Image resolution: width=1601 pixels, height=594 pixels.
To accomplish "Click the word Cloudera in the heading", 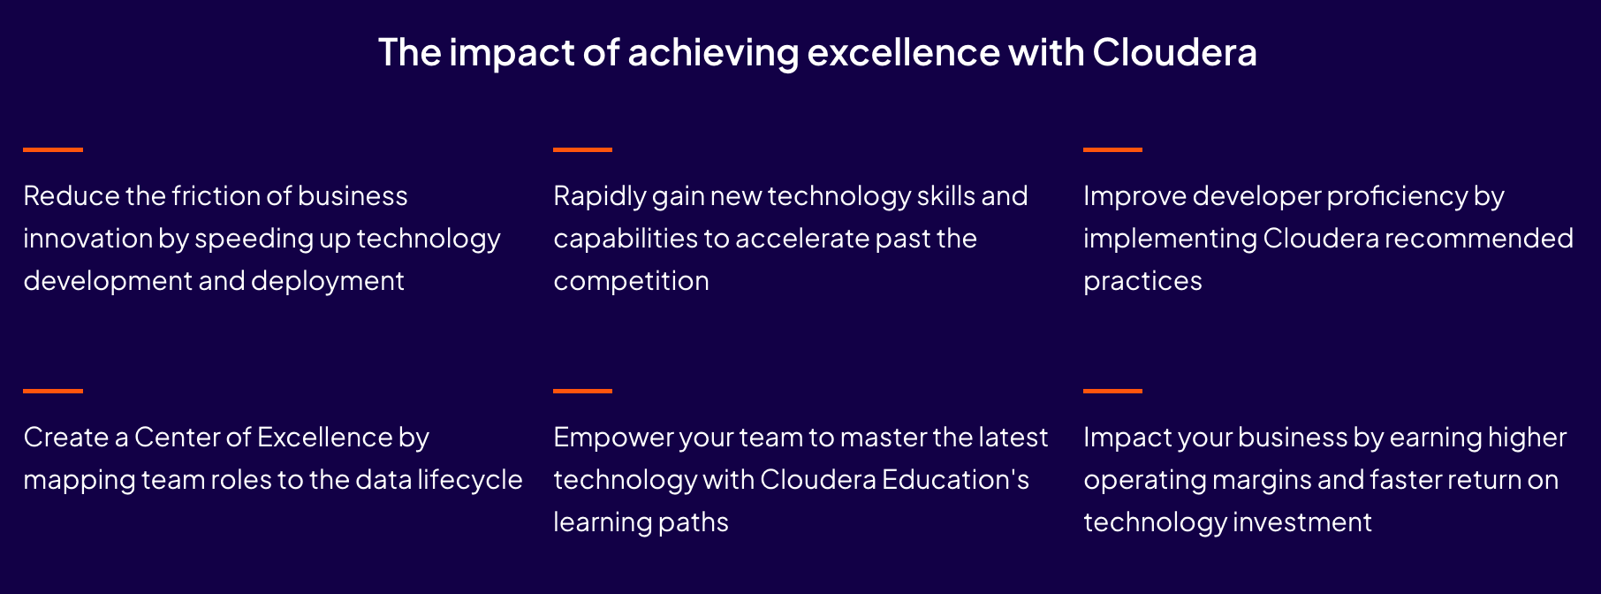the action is (1174, 52).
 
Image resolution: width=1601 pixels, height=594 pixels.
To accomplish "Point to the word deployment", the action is (328, 282).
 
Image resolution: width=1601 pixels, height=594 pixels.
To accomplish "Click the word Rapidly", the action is (599, 197).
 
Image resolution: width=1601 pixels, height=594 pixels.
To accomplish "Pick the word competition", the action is (631, 282).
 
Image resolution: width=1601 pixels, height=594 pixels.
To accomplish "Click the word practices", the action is (1142, 282).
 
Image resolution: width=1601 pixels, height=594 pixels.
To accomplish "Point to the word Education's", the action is (955, 479).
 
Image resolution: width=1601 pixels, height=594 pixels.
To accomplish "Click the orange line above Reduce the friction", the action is (53, 149).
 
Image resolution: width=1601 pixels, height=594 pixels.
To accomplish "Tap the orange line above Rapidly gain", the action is (583, 149).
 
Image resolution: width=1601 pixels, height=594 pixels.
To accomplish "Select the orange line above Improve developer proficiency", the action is (1113, 149).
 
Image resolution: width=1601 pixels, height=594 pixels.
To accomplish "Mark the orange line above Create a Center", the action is (53, 391).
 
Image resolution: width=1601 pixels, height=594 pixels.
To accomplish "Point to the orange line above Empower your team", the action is (583, 391).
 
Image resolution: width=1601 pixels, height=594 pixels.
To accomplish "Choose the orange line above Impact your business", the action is (1113, 391).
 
